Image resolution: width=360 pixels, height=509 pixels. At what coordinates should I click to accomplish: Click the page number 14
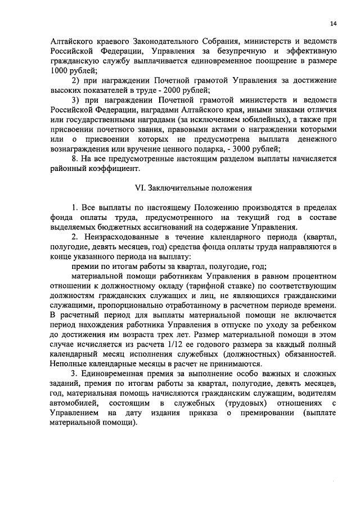[334, 23]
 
